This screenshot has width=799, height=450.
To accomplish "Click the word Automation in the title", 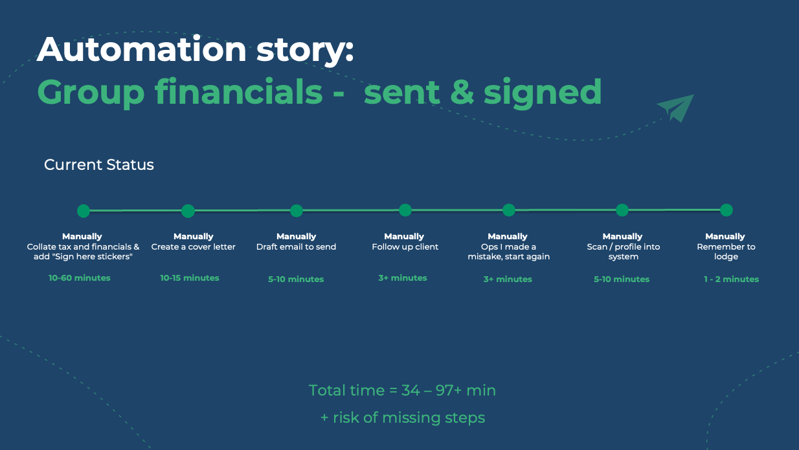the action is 142,49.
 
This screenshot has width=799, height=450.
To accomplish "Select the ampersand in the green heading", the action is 462,92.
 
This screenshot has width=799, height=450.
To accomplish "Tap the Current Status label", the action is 99,165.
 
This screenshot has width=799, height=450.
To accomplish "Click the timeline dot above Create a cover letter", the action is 188,211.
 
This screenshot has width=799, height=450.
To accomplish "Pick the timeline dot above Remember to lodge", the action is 726,210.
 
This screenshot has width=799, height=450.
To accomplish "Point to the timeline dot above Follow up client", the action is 405,210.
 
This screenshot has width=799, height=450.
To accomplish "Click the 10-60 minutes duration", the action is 80,278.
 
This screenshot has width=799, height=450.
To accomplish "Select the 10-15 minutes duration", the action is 190,278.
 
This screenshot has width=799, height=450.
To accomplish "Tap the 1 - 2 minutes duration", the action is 731,279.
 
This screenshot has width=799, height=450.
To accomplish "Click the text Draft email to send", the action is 296,247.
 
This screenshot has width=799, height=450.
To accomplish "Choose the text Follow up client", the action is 405,247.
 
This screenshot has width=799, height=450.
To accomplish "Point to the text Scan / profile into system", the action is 623,252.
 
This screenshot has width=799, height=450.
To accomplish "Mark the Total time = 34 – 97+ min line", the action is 402,390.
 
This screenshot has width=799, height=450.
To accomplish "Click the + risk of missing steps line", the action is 403,418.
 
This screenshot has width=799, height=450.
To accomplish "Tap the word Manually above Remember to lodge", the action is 725,237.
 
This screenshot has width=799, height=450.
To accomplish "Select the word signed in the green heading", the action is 543,93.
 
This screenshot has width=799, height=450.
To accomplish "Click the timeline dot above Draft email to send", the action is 297,211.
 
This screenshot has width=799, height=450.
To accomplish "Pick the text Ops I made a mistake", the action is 509,252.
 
